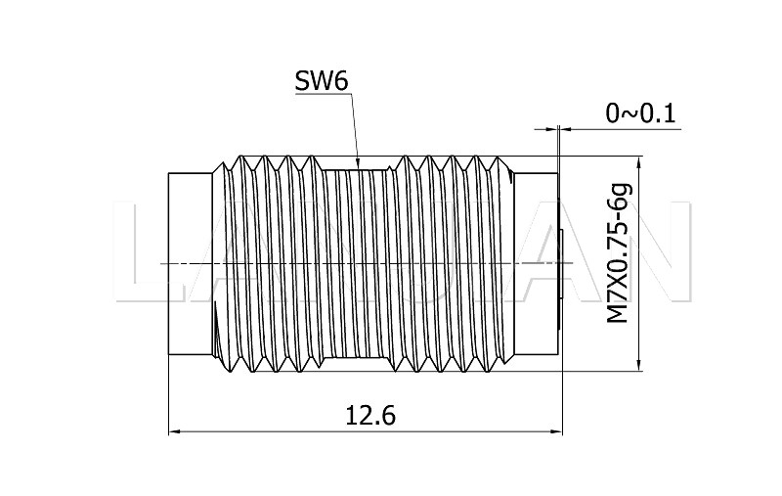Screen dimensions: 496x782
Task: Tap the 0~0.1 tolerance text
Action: pyautogui.click(x=640, y=113)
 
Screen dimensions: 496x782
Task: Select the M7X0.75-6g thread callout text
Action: pyautogui.click(x=618, y=252)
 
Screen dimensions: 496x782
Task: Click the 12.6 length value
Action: pyautogui.click(x=369, y=415)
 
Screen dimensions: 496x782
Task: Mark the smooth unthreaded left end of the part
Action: pyautogui.click(x=191, y=264)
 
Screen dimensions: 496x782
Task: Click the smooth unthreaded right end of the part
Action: pyautogui.click(x=536, y=264)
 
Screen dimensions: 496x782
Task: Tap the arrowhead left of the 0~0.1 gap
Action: pyautogui.click(x=549, y=128)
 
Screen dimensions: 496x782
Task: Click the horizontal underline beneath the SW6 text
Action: pyautogui.click(x=323, y=96)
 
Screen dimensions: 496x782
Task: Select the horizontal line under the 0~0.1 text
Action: pyautogui.click(x=626, y=128)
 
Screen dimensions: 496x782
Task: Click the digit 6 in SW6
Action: pyautogui.click(x=340, y=81)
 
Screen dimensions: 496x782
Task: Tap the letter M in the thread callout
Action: pyautogui.click(x=618, y=314)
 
